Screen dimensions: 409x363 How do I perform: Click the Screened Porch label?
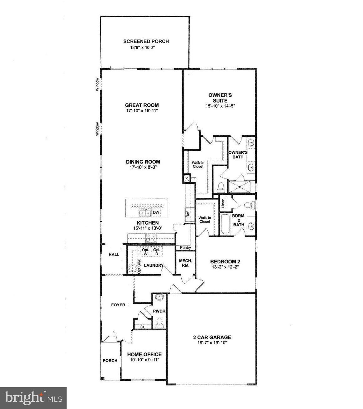146,41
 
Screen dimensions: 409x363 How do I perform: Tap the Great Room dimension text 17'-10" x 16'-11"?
142,111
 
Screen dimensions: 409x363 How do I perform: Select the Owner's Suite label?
220,98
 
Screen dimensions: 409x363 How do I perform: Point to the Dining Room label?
143,162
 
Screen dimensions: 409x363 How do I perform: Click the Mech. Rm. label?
185,263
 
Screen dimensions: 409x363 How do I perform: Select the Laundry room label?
154,265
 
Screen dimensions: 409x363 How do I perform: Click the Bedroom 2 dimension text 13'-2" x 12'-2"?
225,267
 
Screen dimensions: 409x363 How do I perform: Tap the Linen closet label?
223,203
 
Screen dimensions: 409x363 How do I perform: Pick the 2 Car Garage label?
212,337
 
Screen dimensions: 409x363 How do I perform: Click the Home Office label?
144,354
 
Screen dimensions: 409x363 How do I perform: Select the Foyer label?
118,305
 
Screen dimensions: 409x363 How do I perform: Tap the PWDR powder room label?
159,311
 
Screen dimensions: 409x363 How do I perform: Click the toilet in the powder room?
159,321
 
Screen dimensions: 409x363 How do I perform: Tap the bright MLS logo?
33,398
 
